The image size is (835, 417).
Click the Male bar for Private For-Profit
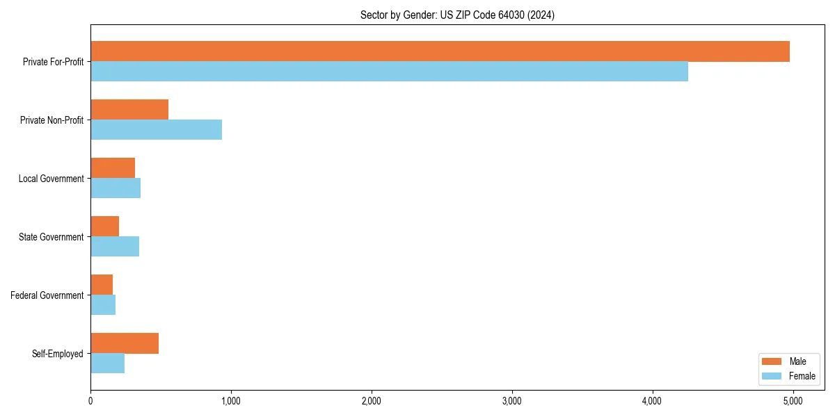coord(440,51)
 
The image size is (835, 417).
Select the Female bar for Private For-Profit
coord(389,72)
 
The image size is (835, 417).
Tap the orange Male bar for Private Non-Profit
coord(129,110)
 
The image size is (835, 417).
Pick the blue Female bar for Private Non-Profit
coord(156,130)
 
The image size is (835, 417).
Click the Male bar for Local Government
coord(113,168)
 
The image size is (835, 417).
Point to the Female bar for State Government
coord(115,247)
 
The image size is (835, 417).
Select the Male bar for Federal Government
coord(102,285)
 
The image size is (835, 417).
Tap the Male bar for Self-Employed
coord(125,343)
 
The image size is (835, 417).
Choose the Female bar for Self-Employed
coord(108,363)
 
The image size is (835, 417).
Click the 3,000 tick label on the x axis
coord(511,401)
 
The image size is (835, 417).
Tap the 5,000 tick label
coord(793,401)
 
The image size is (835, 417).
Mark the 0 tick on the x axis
coord(90,401)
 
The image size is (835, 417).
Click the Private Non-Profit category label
coord(51,120)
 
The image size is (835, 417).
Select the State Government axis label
coord(51,237)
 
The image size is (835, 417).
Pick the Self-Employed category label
coord(57,354)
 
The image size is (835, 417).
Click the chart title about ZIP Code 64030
coord(457,15)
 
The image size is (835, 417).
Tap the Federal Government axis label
coord(47,295)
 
